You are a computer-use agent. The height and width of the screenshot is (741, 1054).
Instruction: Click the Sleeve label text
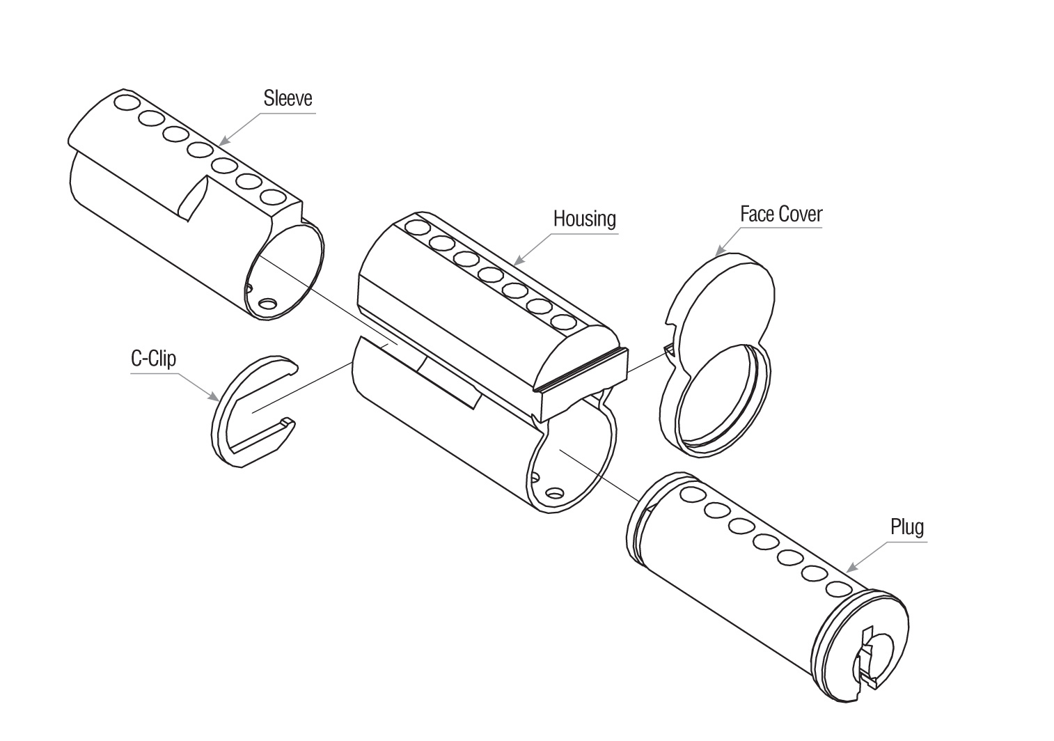click(x=288, y=98)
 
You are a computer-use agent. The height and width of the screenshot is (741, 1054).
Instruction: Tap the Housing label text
click(x=584, y=219)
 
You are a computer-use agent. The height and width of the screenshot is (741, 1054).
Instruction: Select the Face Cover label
click(x=780, y=214)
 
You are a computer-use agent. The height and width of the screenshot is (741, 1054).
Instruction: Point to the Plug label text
click(x=907, y=526)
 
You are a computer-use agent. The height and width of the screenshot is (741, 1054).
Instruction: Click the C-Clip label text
click(x=153, y=359)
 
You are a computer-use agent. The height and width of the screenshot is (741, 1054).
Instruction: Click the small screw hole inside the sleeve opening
click(x=267, y=303)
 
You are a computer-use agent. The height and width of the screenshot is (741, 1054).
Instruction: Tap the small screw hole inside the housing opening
click(x=554, y=492)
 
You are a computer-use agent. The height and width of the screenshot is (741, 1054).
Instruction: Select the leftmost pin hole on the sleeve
click(x=127, y=103)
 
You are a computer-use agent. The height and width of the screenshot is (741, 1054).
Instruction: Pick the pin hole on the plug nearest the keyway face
click(x=837, y=588)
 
